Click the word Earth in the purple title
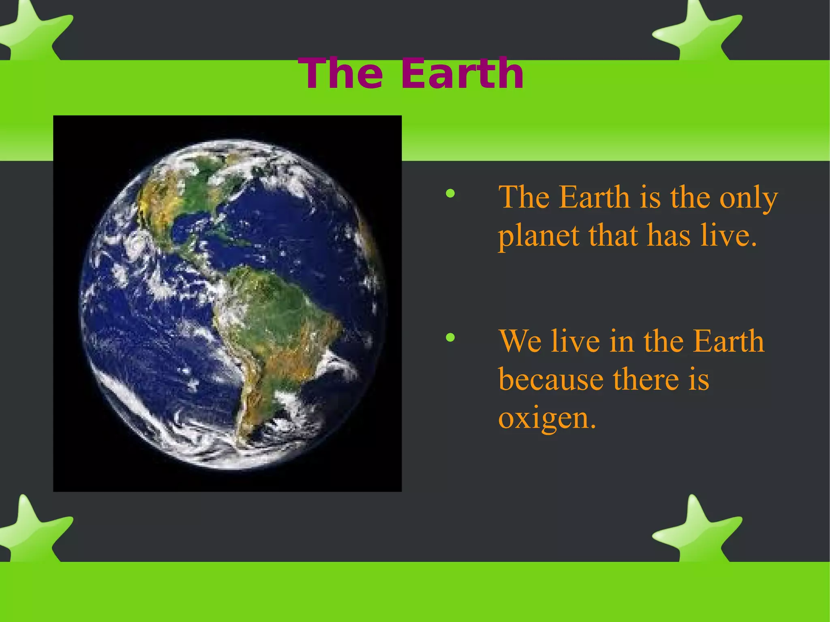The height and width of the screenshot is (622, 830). pyautogui.click(x=462, y=74)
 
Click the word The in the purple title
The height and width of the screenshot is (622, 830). pyautogui.click(x=340, y=74)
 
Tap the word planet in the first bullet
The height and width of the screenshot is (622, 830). pyautogui.click(x=538, y=236)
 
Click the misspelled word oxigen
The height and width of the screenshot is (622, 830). pyautogui.click(x=547, y=418)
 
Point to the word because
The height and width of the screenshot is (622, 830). pyautogui.click(x=551, y=380)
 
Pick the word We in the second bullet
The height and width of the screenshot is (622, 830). pyautogui.click(x=520, y=341)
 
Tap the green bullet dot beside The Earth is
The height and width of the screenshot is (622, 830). pyautogui.click(x=450, y=194)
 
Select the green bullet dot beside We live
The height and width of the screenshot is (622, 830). pyautogui.click(x=450, y=337)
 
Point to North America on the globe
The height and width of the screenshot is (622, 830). pyautogui.click(x=182, y=195)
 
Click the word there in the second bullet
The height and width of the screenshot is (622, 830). pyautogui.click(x=646, y=380)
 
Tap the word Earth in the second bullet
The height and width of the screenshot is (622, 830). pyautogui.click(x=728, y=341)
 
